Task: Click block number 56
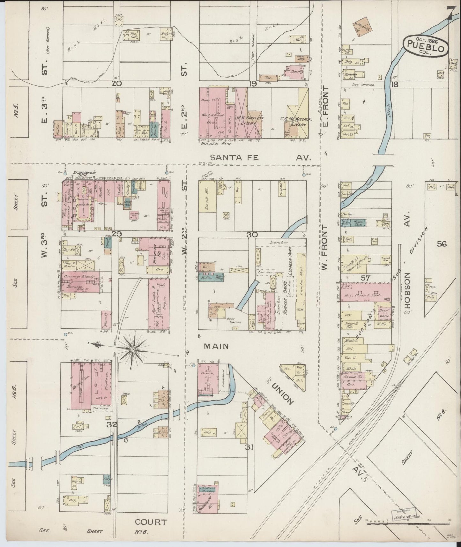(442, 244)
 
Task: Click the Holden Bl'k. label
(212, 143)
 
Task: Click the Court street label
(151, 522)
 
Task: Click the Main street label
(216, 346)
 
